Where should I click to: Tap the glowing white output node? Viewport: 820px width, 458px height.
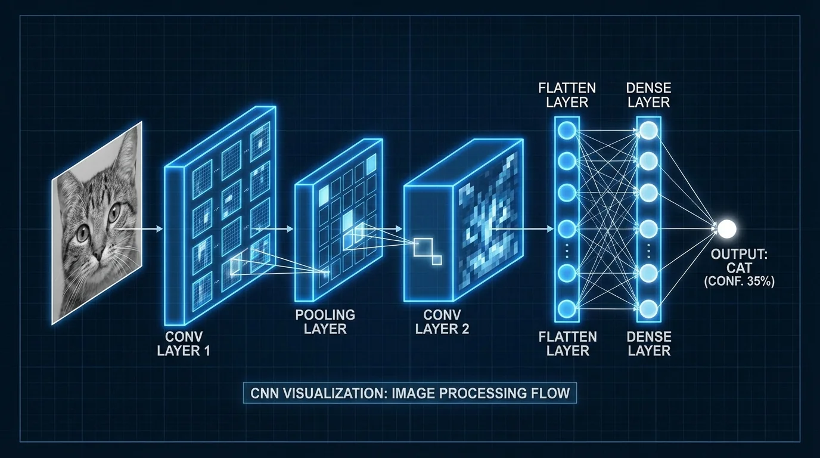tap(726, 228)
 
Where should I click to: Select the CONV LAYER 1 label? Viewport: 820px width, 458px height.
tap(184, 343)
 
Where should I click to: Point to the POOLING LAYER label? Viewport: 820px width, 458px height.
tap(325, 321)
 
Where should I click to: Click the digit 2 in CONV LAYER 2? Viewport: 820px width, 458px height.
tap(465, 329)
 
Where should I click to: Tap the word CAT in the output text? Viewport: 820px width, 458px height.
tap(740, 269)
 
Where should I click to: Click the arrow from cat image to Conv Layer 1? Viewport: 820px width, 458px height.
tap(140, 228)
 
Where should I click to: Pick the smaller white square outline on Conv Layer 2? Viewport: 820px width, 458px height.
tap(437, 260)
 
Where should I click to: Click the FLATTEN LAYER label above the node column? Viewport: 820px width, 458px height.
tap(567, 95)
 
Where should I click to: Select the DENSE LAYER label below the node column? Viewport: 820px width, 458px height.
tap(649, 343)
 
